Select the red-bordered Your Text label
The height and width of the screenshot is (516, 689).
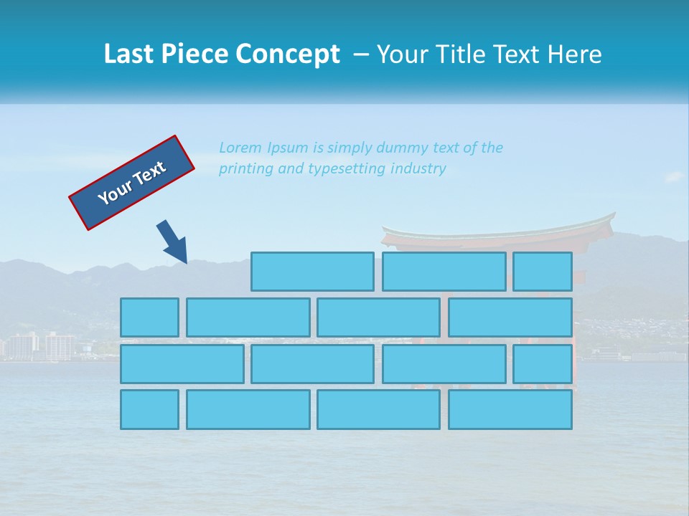pos(132,183)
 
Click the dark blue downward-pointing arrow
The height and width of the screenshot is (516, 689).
pos(173,242)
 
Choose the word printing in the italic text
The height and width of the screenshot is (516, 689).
pos(246,169)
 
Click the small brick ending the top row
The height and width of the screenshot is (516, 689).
pos(543,272)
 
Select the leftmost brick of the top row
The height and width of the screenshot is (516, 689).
pos(312,272)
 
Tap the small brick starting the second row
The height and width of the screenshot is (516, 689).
pos(149,317)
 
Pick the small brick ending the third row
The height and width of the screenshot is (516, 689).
pos(543,363)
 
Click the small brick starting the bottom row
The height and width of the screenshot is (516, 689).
pos(149,409)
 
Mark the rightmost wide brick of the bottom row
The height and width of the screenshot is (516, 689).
pos(510,409)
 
